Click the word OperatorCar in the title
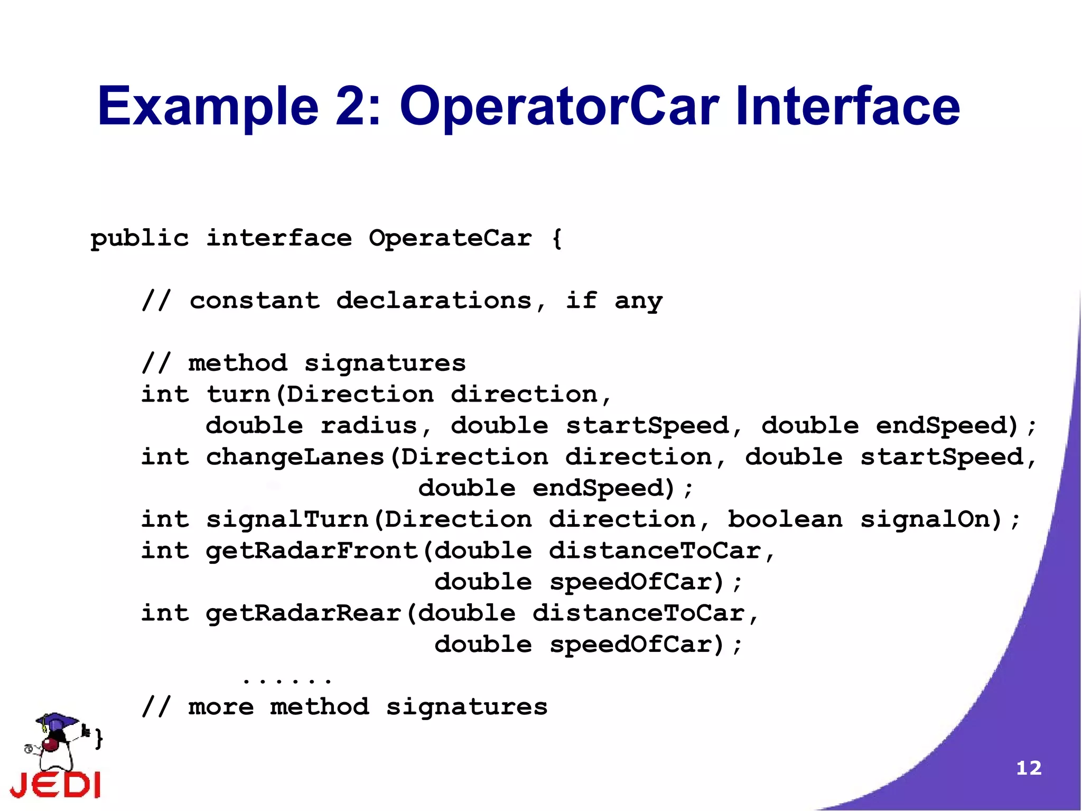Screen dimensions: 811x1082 coord(559,107)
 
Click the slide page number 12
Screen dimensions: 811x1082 coord(1029,768)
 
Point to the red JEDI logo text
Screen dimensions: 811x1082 coord(55,785)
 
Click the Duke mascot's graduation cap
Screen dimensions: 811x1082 coord(56,722)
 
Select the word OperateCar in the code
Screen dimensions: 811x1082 coord(450,238)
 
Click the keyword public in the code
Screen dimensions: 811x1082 coord(139,239)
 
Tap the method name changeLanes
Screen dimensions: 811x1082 coord(295,457)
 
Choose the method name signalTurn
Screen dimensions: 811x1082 coord(287,519)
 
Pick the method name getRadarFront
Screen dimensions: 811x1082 coord(312,551)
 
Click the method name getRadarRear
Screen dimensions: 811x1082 coord(303,613)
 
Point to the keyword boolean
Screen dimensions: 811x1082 coord(785,519)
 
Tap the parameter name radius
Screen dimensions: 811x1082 coord(369,426)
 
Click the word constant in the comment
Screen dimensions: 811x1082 coord(255,301)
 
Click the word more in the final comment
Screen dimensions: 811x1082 coord(221,707)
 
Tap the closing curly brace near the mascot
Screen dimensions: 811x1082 coord(99,738)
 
